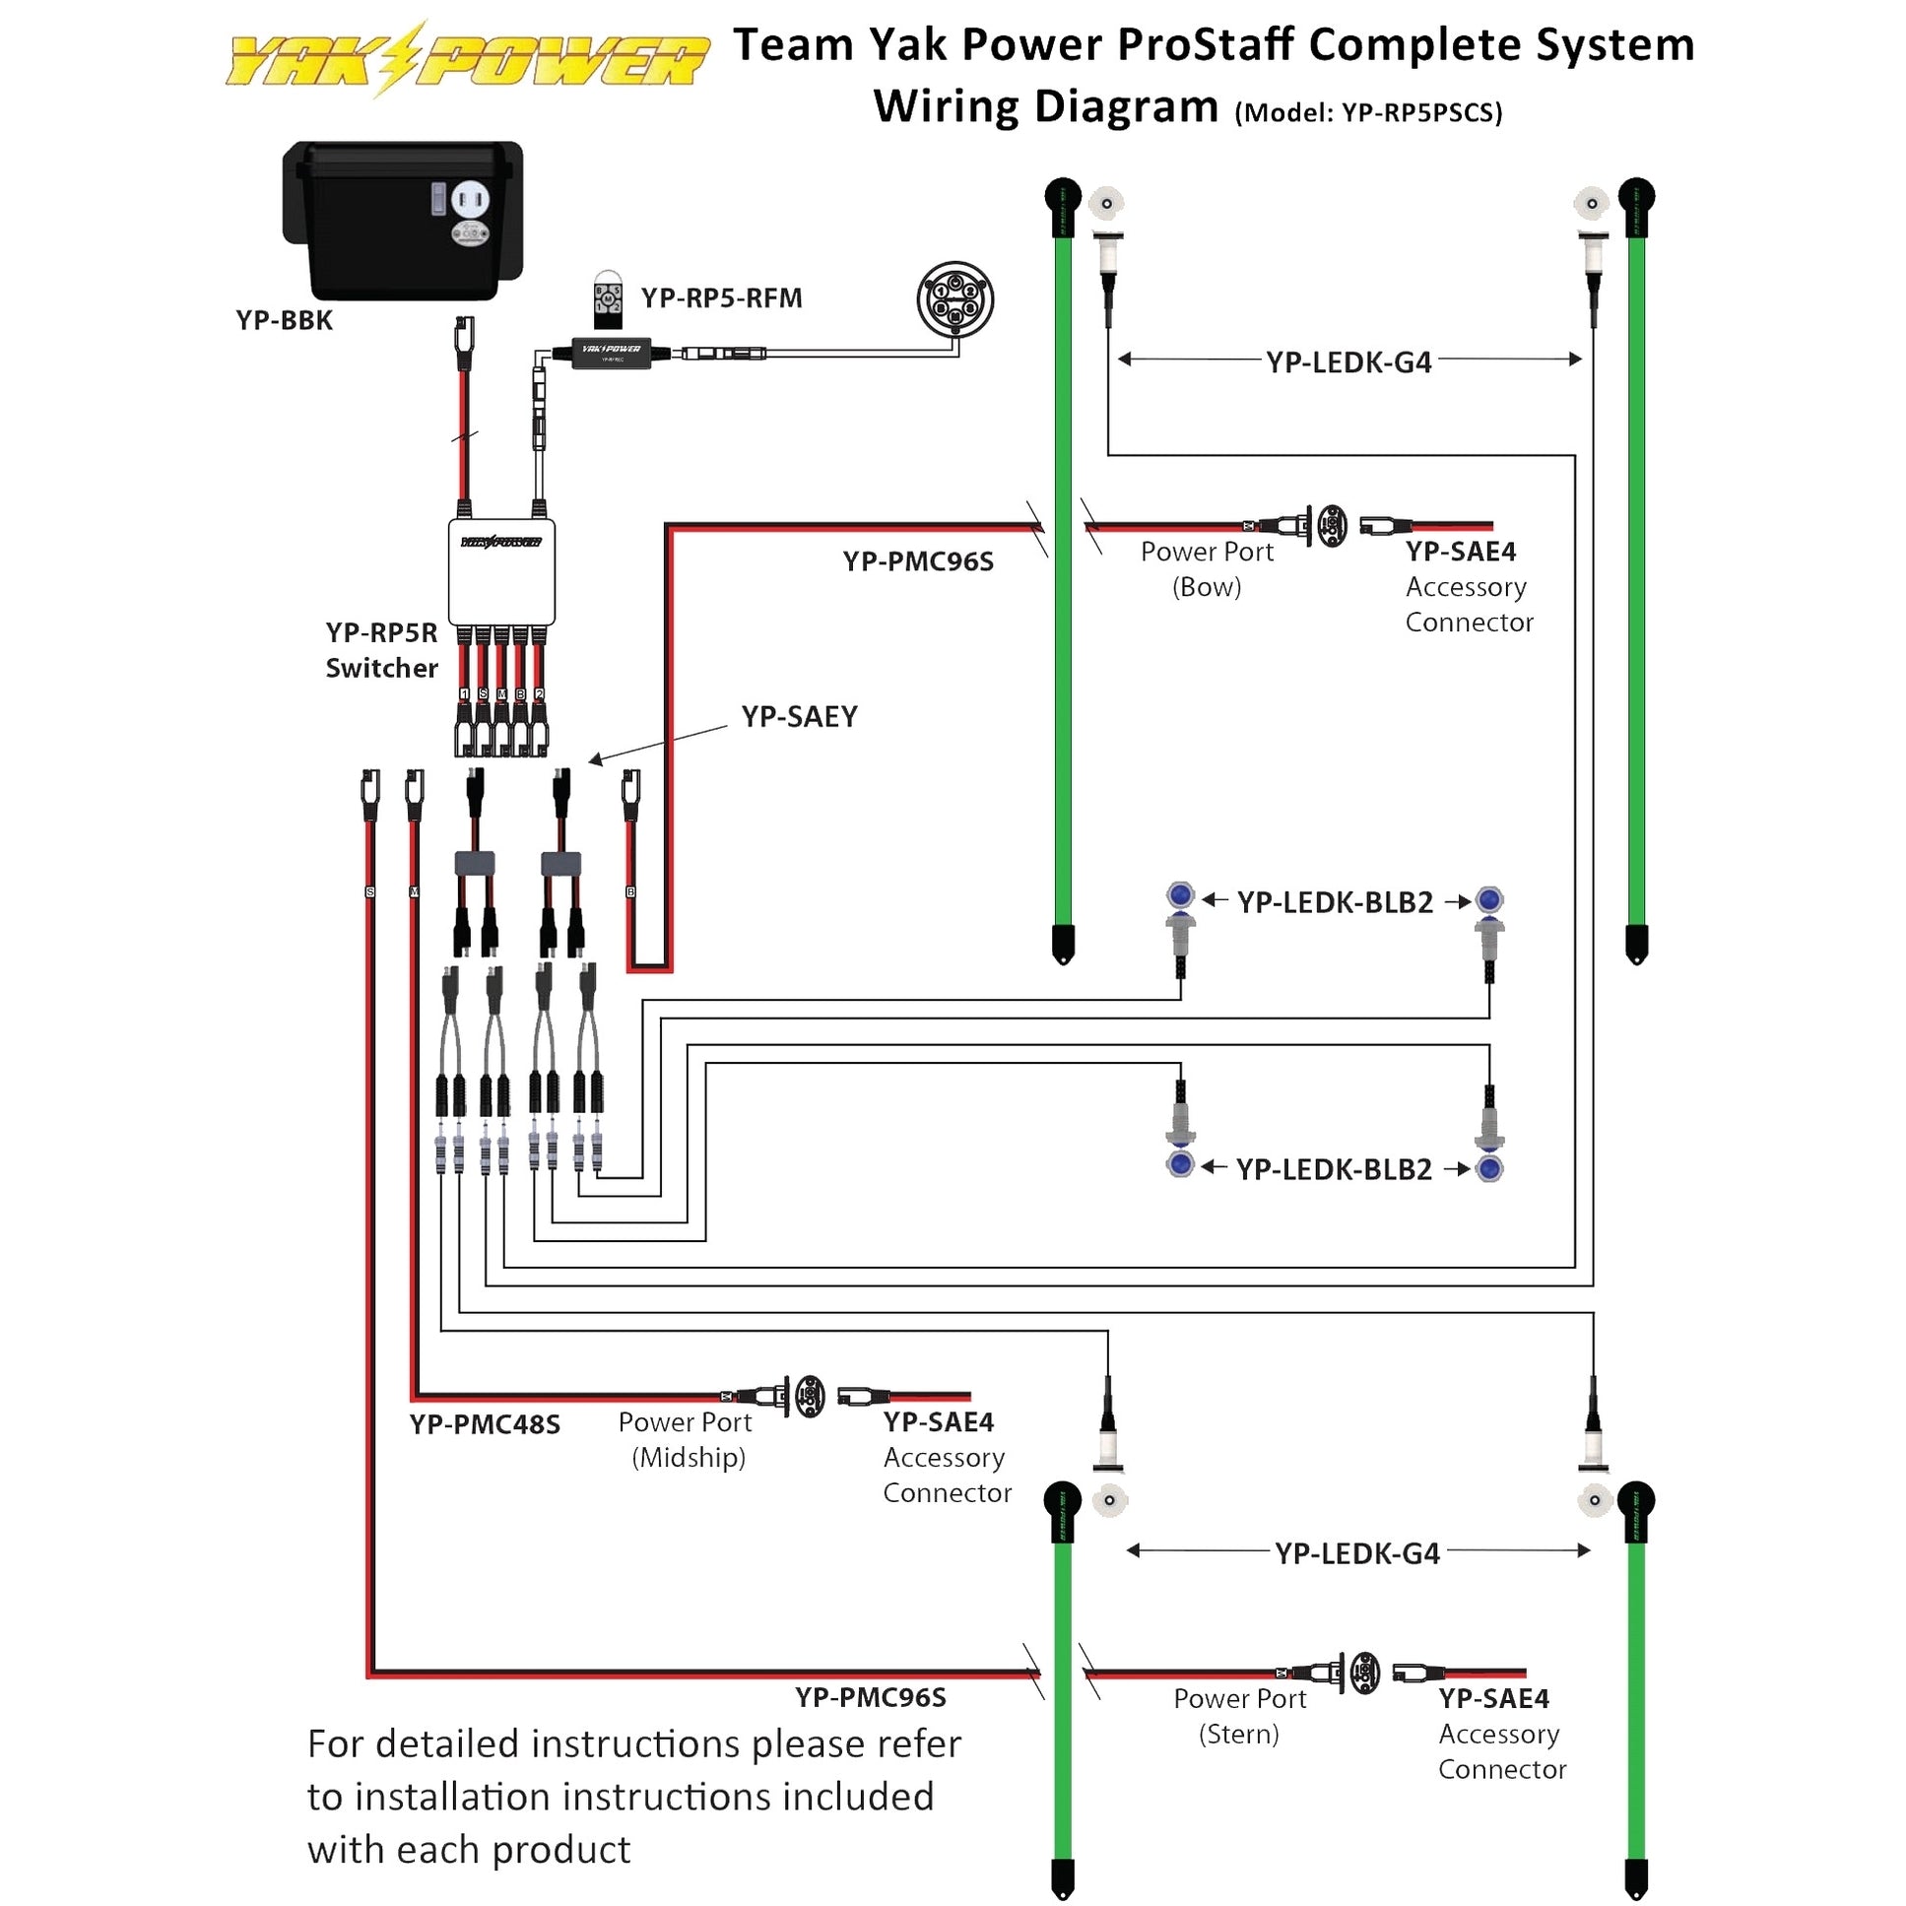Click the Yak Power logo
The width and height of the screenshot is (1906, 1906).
(x=468, y=59)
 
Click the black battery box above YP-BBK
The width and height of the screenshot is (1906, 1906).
(x=403, y=219)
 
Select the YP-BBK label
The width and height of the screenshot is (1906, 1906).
(x=284, y=321)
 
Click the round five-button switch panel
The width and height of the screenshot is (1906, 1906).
(x=955, y=298)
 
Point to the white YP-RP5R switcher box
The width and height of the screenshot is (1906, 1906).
(x=501, y=572)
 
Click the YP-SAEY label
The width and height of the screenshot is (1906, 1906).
(x=799, y=716)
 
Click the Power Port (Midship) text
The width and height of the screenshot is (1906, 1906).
(x=687, y=1439)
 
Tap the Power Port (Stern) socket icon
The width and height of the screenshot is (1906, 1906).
(x=1364, y=1674)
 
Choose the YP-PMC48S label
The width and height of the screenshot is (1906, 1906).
(x=485, y=1424)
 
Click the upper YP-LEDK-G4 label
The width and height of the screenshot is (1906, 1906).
(x=1348, y=363)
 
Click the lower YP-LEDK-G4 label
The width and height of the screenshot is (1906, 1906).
(x=1356, y=1553)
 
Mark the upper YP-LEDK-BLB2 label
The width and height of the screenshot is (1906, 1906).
(x=1335, y=902)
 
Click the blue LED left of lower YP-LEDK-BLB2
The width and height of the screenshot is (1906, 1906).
(x=1180, y=1165)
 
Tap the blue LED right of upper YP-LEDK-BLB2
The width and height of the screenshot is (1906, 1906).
(x=1488, y=899)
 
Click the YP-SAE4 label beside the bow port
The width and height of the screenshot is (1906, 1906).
(x=1460, y=552)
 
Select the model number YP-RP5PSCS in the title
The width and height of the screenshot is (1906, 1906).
(x=1420, y=113)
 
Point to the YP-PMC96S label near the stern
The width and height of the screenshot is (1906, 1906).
(x=870, y=1697)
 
